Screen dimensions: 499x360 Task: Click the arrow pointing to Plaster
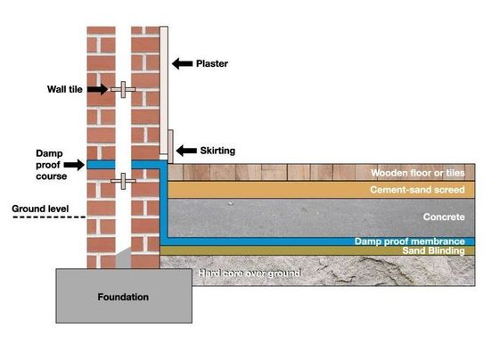183,63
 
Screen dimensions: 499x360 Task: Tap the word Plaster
212,63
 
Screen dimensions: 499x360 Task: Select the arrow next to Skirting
186,151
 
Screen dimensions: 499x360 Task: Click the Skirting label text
217,151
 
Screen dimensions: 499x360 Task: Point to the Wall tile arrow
98,89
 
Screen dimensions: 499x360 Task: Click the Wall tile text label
65,89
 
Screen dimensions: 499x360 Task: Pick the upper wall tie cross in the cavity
123,90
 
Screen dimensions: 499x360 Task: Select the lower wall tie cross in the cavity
123,181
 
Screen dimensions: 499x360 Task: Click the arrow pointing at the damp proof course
74,165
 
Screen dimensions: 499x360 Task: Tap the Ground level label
40,209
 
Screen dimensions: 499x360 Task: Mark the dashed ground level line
49,217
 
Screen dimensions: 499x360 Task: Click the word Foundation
123,297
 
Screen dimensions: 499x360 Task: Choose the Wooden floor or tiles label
418,173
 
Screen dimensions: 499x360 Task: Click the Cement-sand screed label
417,190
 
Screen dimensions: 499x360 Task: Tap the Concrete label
444,217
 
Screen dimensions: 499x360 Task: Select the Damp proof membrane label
410,241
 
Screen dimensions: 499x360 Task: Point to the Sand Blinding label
433,250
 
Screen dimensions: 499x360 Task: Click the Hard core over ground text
250,273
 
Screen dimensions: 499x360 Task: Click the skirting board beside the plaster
170,146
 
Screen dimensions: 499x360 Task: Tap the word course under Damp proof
52,176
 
